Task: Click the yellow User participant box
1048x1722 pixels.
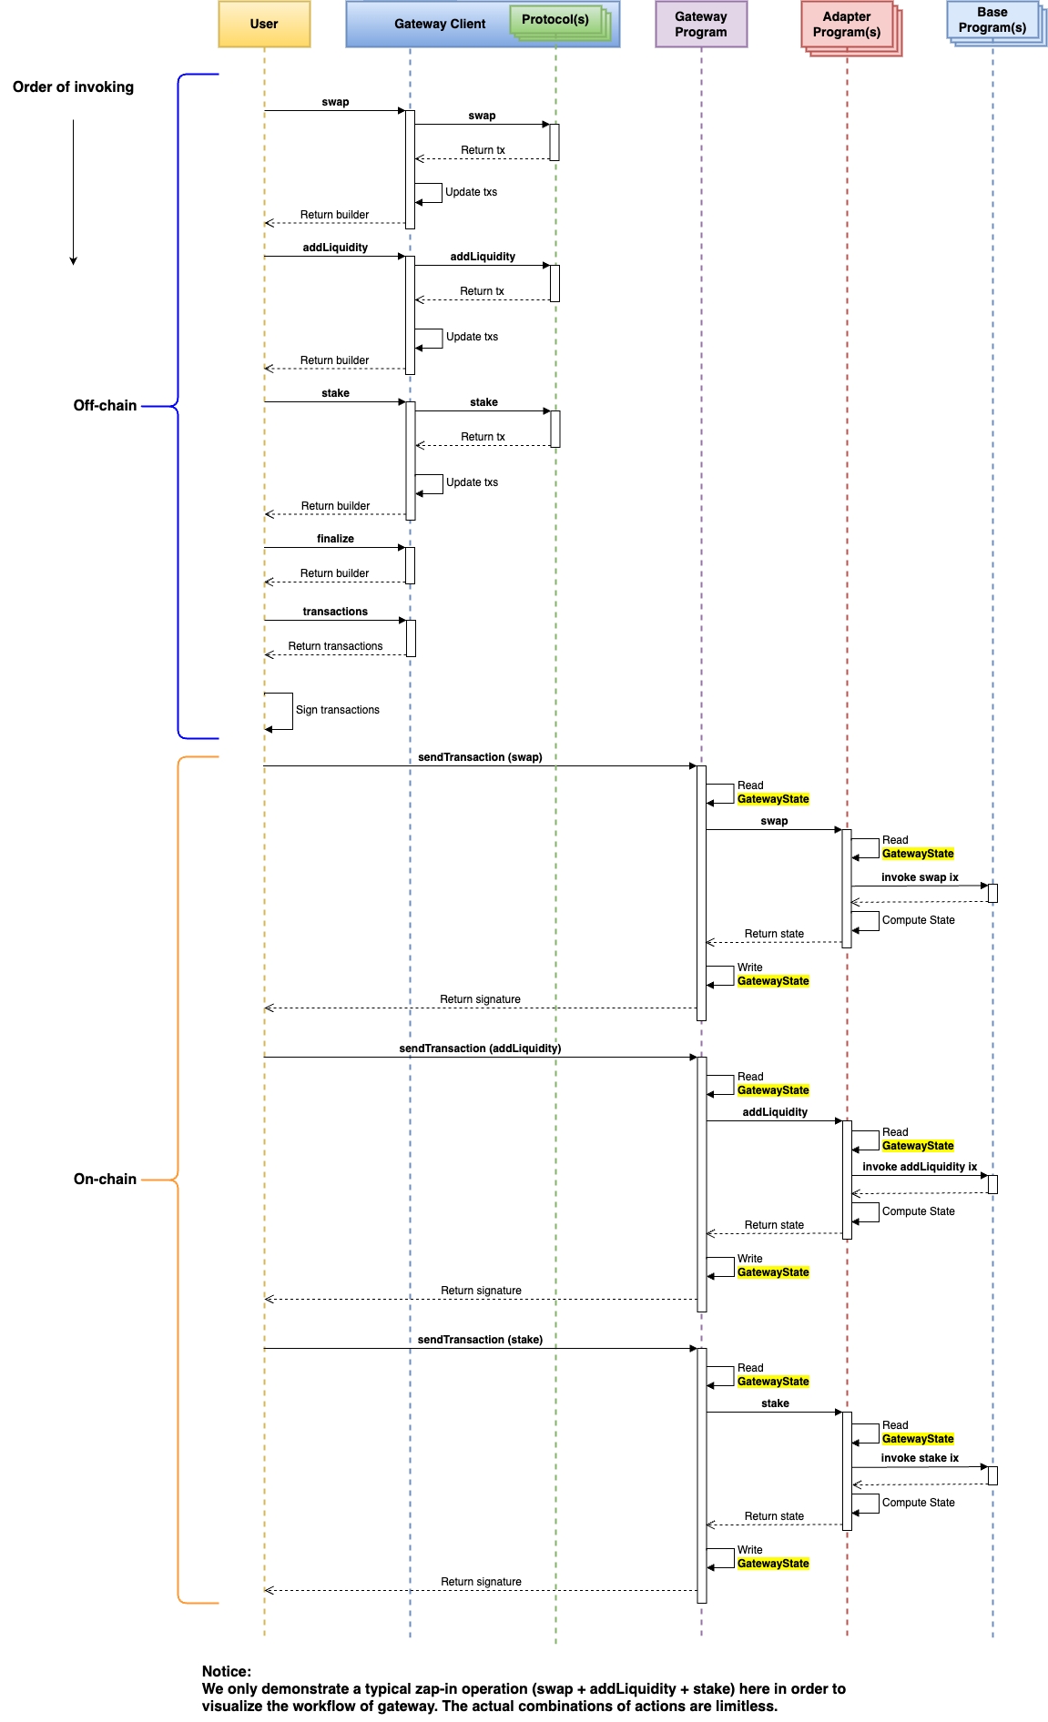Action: (x=264, y=24)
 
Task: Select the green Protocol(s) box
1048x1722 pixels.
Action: (x=555, y=20)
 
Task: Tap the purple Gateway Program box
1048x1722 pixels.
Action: (x=701, y=25)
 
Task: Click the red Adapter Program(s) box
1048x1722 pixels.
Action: (x=847, y=25)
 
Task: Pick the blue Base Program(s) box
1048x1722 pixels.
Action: (x=992, y=20)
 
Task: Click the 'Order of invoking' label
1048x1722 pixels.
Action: (x=73, y=87)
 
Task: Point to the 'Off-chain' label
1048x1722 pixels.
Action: (x=105, y=406)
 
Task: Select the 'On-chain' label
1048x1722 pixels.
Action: (x=105, y=1180)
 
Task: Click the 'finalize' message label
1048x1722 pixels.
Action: (x=335, y=539)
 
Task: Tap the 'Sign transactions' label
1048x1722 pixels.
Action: (x=338, y=710)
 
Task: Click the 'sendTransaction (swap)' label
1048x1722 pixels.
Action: (x=480, y=757)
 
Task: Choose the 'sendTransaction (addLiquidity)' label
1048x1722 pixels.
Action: (x=480, y=1048)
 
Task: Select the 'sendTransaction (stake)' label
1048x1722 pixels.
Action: (x=480, y=1340)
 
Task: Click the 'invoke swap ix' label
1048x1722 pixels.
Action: (x=920, y=877)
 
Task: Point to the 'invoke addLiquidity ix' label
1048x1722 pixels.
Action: (x=920, y=1167)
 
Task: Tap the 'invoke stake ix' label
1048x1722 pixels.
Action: (x=920, y=1458)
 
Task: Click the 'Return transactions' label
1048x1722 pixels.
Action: (x=335, y=646)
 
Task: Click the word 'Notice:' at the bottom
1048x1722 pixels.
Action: (x=227, y=1671)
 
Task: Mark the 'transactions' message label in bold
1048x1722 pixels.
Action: (x=335, y=612)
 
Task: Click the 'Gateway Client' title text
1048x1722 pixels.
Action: (x=440, y=25)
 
